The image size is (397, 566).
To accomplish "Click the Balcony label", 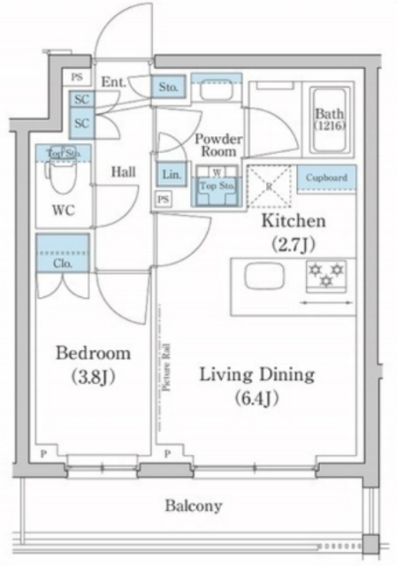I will click(193, 507).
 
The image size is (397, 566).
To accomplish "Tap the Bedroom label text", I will click(93, 354).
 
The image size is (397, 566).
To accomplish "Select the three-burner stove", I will click(326, 275).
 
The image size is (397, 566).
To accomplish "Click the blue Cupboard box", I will click(326, 177).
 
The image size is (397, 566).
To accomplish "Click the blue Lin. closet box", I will click(172, 176).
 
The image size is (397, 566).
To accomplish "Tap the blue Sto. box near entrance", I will click(170, 88).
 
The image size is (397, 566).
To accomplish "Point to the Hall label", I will click(123, 172).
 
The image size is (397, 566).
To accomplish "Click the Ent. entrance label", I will click(112, 82).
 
